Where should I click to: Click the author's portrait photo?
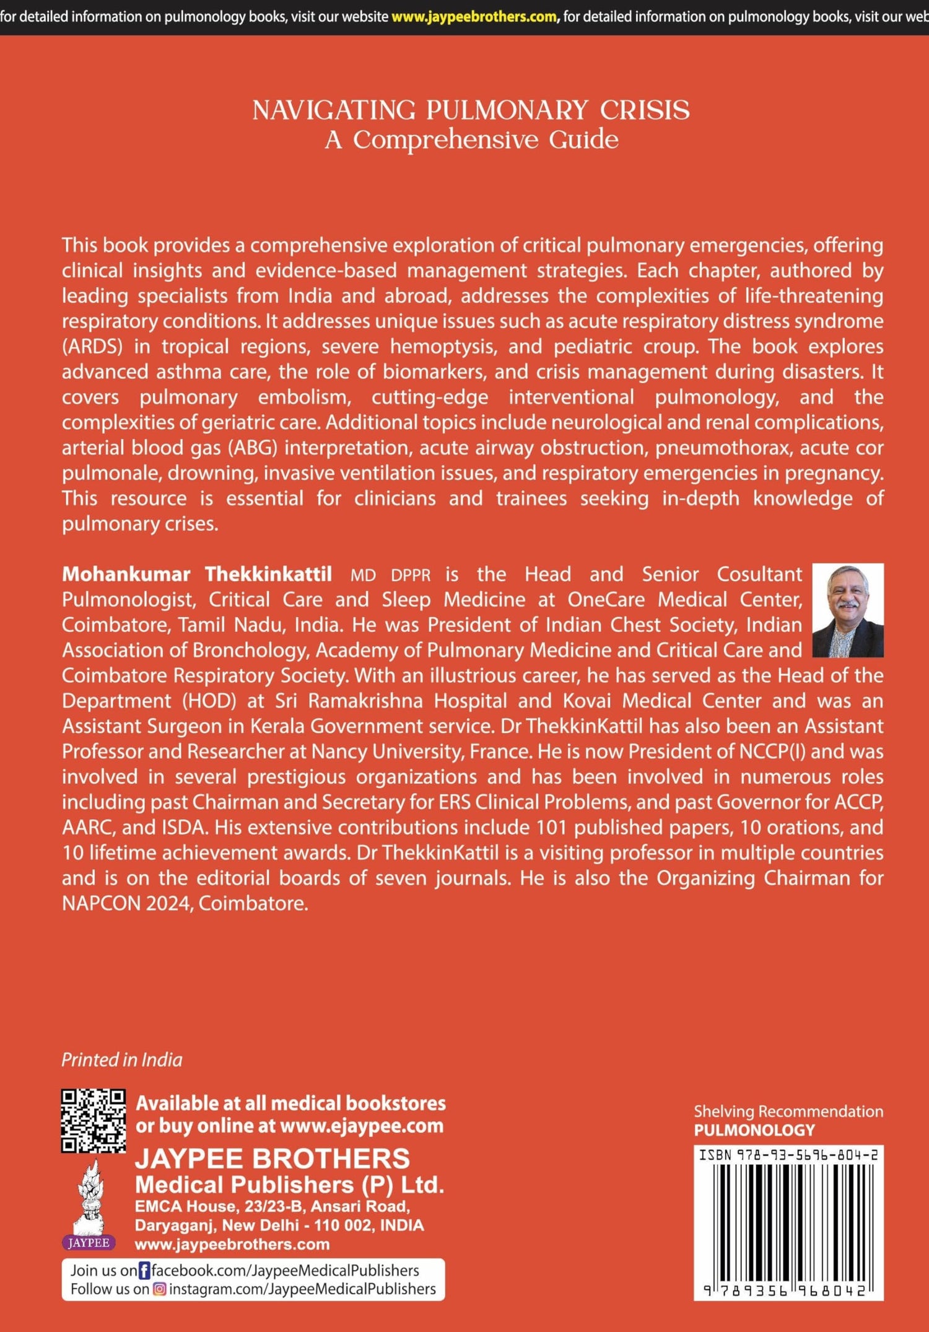(x=847, y=610)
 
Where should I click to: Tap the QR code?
(x=93, y=1121)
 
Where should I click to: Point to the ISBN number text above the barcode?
(x=788, y=1155)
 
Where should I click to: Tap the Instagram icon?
(x=160, y=1289)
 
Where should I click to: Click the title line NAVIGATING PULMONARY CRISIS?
(x=471, y=110)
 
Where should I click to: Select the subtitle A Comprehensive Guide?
(x=471, y=140)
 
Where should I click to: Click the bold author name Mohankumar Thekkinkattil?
(x=197, y=574)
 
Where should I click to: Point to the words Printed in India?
(x=122, y=1060)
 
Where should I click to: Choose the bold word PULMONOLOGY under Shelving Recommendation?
(x=754, y=1130)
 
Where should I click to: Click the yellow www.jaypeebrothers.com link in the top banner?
(x=474, y=17)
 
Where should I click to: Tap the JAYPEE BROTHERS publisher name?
(x=273, y=1159)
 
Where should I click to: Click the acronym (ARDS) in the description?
(x=92, y=346)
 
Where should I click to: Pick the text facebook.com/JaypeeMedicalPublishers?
(x=286, y=1271)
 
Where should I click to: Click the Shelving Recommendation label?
(x=788, y=1111)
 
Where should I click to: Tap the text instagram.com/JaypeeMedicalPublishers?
(x=302, y=1289)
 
